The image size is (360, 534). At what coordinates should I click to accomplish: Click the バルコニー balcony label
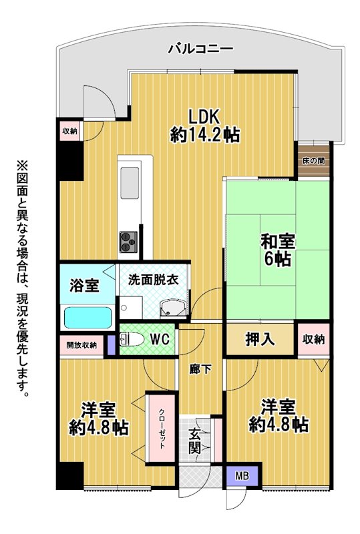click(x=201, y=49)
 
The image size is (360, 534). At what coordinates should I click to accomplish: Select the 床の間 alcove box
click(x=313, y=160)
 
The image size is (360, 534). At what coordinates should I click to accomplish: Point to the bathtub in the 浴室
click(x=88, y=318)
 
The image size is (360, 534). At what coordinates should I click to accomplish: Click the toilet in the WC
click(x=132, y=339)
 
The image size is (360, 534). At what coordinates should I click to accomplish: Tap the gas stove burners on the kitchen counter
click(x=128, y=242)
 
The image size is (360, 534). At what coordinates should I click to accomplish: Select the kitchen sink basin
click(x=130, y=182)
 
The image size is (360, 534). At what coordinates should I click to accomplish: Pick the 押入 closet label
click(x=260, y=339)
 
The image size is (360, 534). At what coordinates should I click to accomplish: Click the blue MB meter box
click(x=242, y=475)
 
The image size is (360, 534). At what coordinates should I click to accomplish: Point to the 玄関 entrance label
click(x=195, y=441)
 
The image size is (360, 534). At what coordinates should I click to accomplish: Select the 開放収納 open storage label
click(x=81, y=345)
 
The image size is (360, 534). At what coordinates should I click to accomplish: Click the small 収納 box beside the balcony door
click(x=70, y=130)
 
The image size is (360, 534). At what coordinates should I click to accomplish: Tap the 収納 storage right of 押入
click(x=314, y=339)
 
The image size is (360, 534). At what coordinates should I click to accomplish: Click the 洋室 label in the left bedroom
click(x=99, y=411)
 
